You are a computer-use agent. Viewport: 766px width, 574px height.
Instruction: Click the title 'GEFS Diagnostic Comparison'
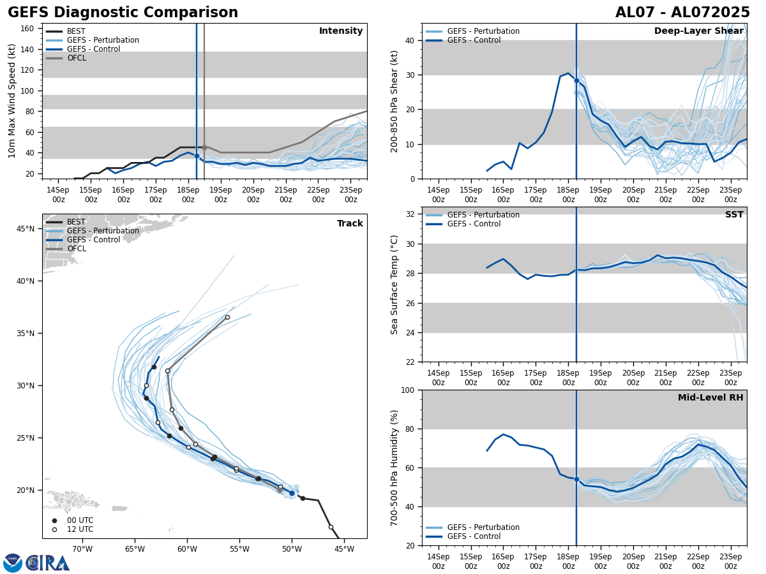(123, 13)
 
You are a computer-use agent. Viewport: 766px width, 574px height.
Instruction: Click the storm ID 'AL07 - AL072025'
(682, 13)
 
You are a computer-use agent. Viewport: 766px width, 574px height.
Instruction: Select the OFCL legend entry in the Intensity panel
(76, 58)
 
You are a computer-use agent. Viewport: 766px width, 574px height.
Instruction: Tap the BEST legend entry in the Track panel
(76, 222)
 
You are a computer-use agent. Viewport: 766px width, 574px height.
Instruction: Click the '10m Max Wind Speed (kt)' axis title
(12, 101)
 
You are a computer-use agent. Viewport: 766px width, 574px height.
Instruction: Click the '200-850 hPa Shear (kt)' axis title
(395, 101)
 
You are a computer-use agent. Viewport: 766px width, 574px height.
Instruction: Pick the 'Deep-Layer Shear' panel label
(698, 31)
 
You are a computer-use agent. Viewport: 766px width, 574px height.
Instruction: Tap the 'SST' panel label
(733, 215)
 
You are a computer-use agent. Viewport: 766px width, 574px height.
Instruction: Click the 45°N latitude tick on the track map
(25, 228)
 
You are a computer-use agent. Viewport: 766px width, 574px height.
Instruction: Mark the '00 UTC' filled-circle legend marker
(54, 520)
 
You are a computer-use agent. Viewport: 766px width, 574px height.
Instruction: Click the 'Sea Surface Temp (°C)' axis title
(395, 284)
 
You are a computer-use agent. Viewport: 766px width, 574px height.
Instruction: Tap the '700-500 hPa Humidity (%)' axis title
(395, 467)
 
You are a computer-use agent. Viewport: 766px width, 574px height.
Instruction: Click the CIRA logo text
(48, 563)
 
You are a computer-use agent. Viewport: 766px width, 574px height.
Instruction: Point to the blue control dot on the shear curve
(576, 80)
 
